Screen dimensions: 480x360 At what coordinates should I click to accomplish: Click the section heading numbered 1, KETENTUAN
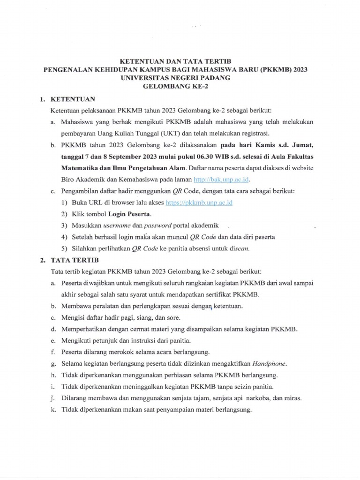(x=68, y=99)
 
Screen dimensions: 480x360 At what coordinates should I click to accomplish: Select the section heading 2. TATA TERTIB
(x=69, y=260)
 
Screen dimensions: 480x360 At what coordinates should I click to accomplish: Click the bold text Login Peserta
(x=130, y=214)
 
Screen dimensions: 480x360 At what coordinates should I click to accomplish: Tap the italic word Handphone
(x=269, y=363)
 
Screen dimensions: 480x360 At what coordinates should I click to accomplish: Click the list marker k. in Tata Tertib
(x=53, y=409)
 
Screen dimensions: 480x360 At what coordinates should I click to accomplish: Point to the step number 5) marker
(x=64, y=249)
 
